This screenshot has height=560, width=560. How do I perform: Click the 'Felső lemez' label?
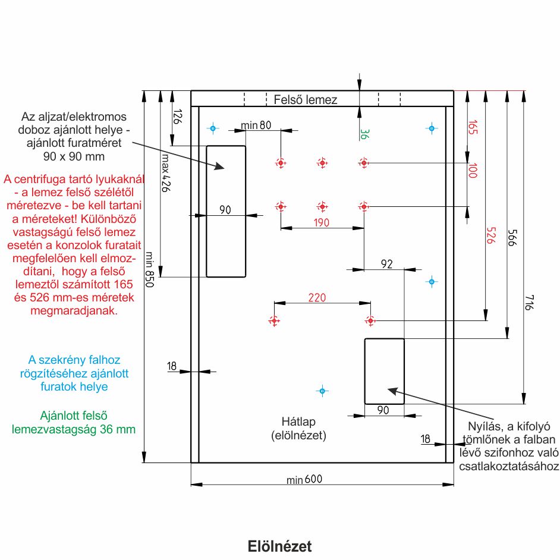tap(306, 99)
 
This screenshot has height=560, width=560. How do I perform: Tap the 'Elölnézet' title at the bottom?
tap(279, 546)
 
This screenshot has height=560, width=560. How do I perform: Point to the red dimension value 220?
tap(317, 298)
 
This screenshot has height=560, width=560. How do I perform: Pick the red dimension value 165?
tap(473, 128)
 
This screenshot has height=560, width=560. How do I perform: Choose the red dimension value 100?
tap(473, 172)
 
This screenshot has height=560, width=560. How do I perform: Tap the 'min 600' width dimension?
tap(307, 480)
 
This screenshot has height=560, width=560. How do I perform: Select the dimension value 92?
tap(386, 264)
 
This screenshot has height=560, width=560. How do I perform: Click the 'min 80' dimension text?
tap(256, 125)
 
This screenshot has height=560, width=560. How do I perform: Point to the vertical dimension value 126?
tap(177, 115)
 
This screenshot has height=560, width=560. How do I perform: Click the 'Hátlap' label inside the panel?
tap(298, 421)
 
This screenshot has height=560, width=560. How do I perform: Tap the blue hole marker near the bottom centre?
tap(322, 391)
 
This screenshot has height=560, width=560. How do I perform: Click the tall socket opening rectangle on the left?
tap(226, 211)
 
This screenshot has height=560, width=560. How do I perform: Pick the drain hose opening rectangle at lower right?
tap(384, 370)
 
